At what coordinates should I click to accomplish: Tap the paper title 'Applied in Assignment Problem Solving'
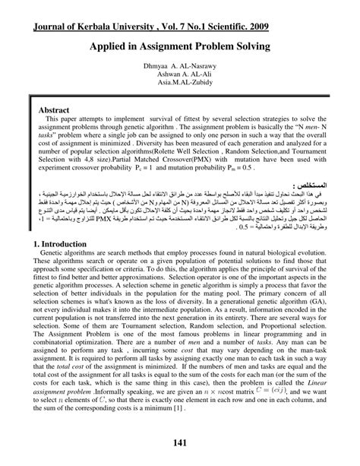coord(180,46)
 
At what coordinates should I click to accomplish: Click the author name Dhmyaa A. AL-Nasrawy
coord(180,67)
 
